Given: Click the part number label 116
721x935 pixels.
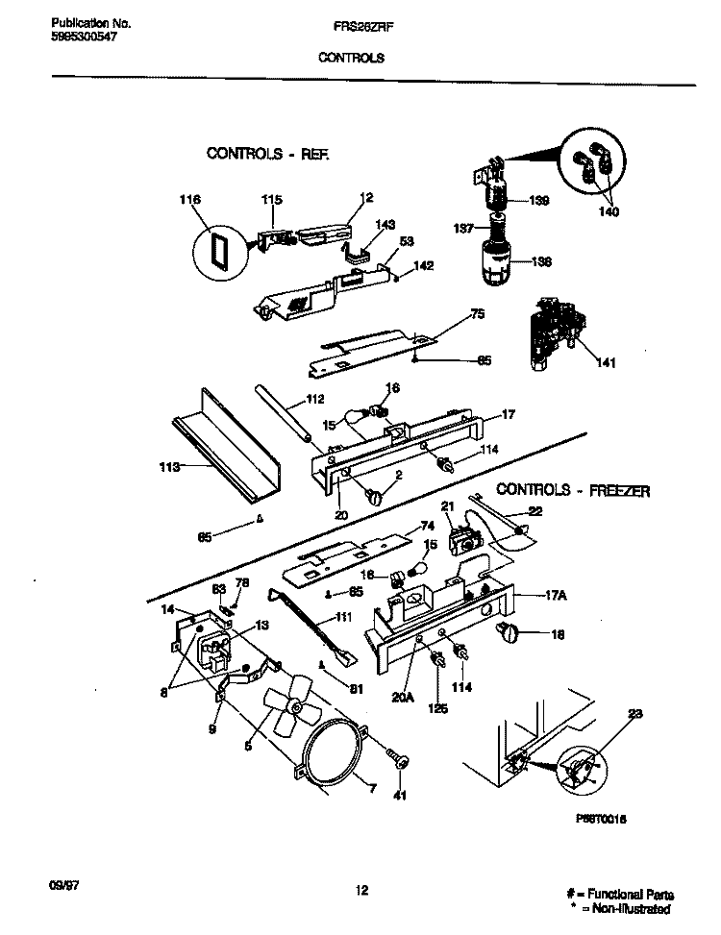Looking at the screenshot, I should (x=190, y=200).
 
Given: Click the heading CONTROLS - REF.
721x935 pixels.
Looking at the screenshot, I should (x=267, y=153).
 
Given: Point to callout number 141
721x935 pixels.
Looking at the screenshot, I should (x=607, y=362).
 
